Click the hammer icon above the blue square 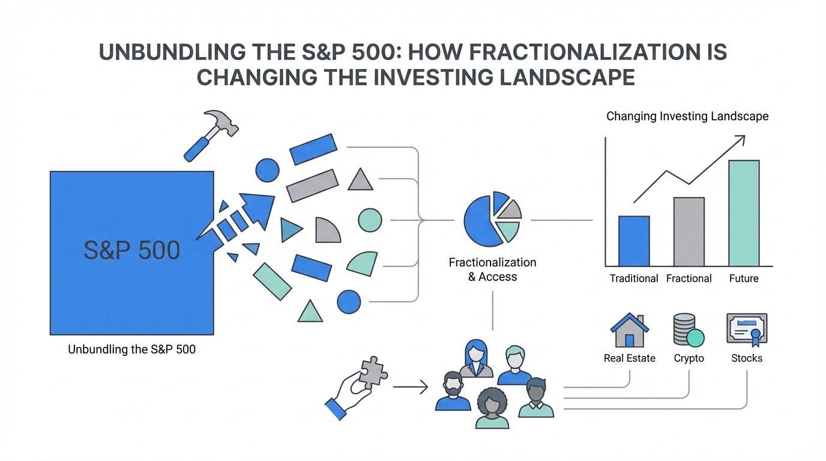pos(211,135)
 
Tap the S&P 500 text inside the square pos(131,250)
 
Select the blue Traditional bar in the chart pos(634,241)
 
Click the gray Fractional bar pos(689,232)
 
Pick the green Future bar pos(744,213)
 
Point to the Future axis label pos(744,279)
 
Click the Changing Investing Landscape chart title pos(687,116)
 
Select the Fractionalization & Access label pos(492,270)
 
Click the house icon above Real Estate pos(630,330)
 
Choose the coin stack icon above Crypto pos(689,330)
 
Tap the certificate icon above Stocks pos(747,330)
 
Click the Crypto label pos(689,358)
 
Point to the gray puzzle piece pos(373,373)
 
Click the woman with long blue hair pos(476,358)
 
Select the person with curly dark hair pos(492,408)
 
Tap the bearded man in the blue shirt pos(453,391)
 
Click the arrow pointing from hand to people pos(411,387)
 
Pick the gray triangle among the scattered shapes pos(360,179)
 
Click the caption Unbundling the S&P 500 pos(131,349)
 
